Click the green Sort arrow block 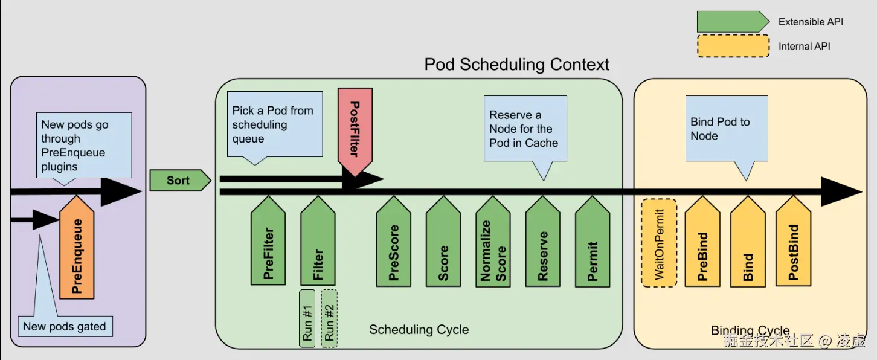pyautogui.click(x=180, y=180)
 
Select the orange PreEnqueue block pyautogui.click(x=77, y=248)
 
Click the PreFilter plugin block pyautogui.click(x=268, y=240)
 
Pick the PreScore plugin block pyautogui.click(x=393, y=241)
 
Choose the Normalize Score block pyautogui.click(x=493, y=241)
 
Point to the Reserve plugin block pyautogui.click(x=542, y=241)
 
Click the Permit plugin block pyautogui.click(x=593, y=241)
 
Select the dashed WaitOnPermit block pyautogui.click(x=660, y=243)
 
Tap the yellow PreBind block pyautogui.click(x=702, y=241)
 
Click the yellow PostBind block pyautogui.click(x=793, y=241)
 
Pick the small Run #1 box pyautogui.click(x=307, y=318)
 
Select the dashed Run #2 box pyautogui.click(x=329, y=318)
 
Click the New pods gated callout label pyautogui.click(x=65, y=326)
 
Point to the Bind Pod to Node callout pyautogui.click(x=727, y=129)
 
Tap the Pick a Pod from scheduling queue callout pyautogui.click(x=275, y=124)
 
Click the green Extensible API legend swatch pyautogui.click(x=733, y=22)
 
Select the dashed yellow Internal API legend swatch pyautogui.click(x=733, y=46)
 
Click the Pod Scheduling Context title pyautogui.click(x=517, y=65)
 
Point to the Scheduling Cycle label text pyautogui.click(x=419, y=329)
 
